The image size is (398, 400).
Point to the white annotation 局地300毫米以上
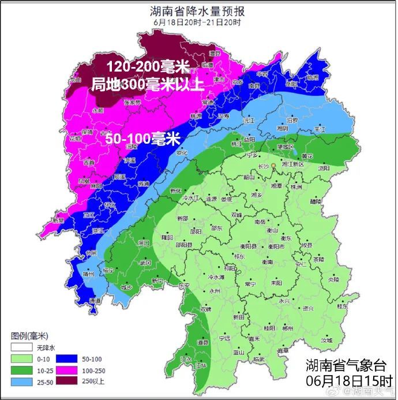[148, 85]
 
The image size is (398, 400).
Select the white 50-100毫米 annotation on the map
[142, 139]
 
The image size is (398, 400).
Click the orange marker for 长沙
[275, 166]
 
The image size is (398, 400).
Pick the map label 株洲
[296, 187]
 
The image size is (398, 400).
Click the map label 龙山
[76, 80]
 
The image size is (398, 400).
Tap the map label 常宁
[250, 284]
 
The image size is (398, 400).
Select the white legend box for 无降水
[20, 347]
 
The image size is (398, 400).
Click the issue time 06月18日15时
[348, 381]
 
